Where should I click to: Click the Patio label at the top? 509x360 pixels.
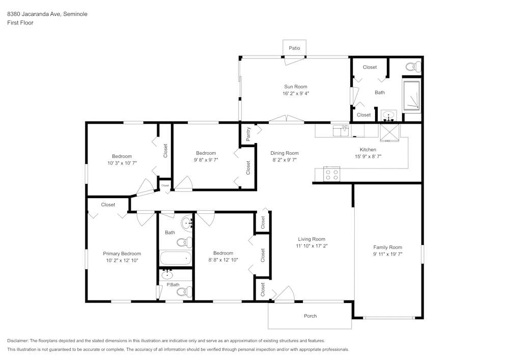(294, 48)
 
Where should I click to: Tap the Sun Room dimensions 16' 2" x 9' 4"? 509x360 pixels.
(295, 94)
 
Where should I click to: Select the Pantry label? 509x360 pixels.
(248, 134)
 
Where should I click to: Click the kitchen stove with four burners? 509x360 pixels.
(332, 174)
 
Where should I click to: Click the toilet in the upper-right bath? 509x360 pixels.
(413, 66)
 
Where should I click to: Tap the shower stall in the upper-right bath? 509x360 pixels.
(411, 95)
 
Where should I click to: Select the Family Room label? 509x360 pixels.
(388, 247)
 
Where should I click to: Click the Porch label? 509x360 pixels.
(310, 316)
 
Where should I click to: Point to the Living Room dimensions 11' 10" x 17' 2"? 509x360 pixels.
(312, 246)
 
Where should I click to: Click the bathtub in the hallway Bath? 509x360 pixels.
(175, 258)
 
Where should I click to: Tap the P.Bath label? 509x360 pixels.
(173, 285)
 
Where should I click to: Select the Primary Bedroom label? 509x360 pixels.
(122, 254)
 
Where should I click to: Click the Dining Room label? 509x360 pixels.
(285, 153)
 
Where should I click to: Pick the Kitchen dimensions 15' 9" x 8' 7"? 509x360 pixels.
(368, 157)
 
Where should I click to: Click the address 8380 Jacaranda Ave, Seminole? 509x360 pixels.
(47, 14)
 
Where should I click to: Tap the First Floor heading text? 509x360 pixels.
(20, 23)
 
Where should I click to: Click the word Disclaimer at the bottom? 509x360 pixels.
(18, 341)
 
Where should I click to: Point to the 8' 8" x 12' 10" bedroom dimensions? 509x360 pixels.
(223, 260)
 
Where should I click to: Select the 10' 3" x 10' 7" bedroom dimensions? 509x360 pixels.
(122, 163)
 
